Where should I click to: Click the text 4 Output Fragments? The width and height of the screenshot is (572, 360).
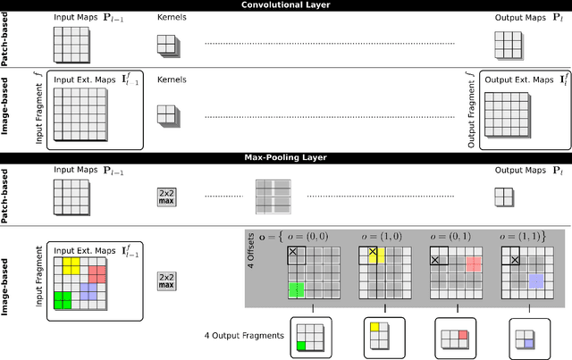click(x=241, y=337)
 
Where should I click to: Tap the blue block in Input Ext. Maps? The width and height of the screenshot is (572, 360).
click(x=88, y=290)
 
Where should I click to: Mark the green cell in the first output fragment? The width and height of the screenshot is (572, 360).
click(x=303, y=344)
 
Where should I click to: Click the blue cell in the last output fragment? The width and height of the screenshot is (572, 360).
click(x=529, y=343)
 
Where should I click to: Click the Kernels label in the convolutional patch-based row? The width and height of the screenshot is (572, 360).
click(x=172, y=17)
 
